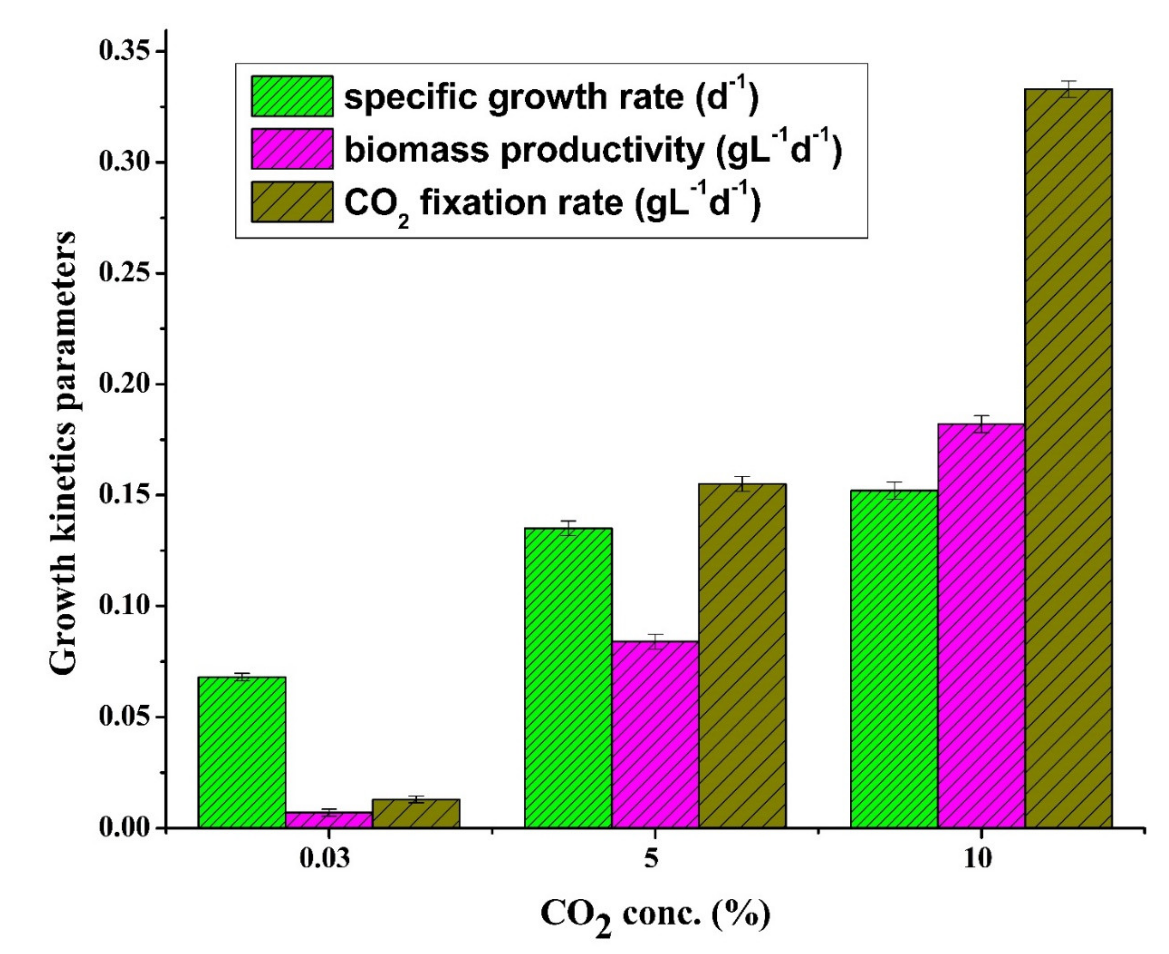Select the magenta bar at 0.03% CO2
328,820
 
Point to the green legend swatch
292,96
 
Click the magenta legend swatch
292,149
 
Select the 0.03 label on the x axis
324,858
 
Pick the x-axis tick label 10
977,858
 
